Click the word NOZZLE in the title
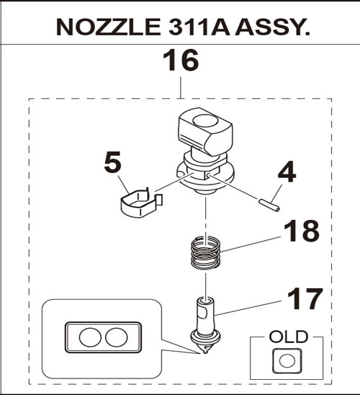[109, 27]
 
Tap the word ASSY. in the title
[272, 27]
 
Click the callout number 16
[181, 61]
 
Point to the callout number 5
[112, 162]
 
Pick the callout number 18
[302, 231]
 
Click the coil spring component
[206, 253]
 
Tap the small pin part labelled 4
[269, 205]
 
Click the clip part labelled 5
[141, 203]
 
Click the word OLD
[289, 337]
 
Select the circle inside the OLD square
[287, 360]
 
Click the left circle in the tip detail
[90, 337]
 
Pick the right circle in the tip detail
[117, 337]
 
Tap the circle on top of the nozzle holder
[204, 120]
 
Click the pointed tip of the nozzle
[205, 352]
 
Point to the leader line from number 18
[251, 244]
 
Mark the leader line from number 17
[248, 308]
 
